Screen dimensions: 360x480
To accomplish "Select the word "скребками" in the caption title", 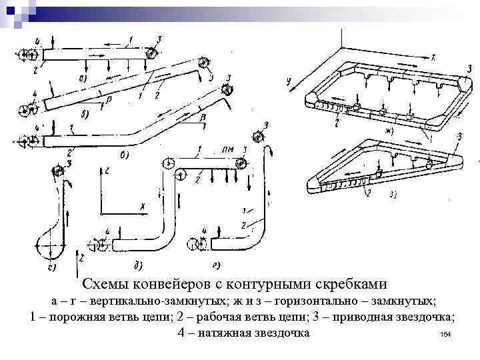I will pyautogui.click(x=353, y=283).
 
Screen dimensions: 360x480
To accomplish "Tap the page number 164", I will pyautogui.click(x=447, y=334).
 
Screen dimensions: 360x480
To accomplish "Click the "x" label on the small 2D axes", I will pyautogui.click(x=142, y=206).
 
